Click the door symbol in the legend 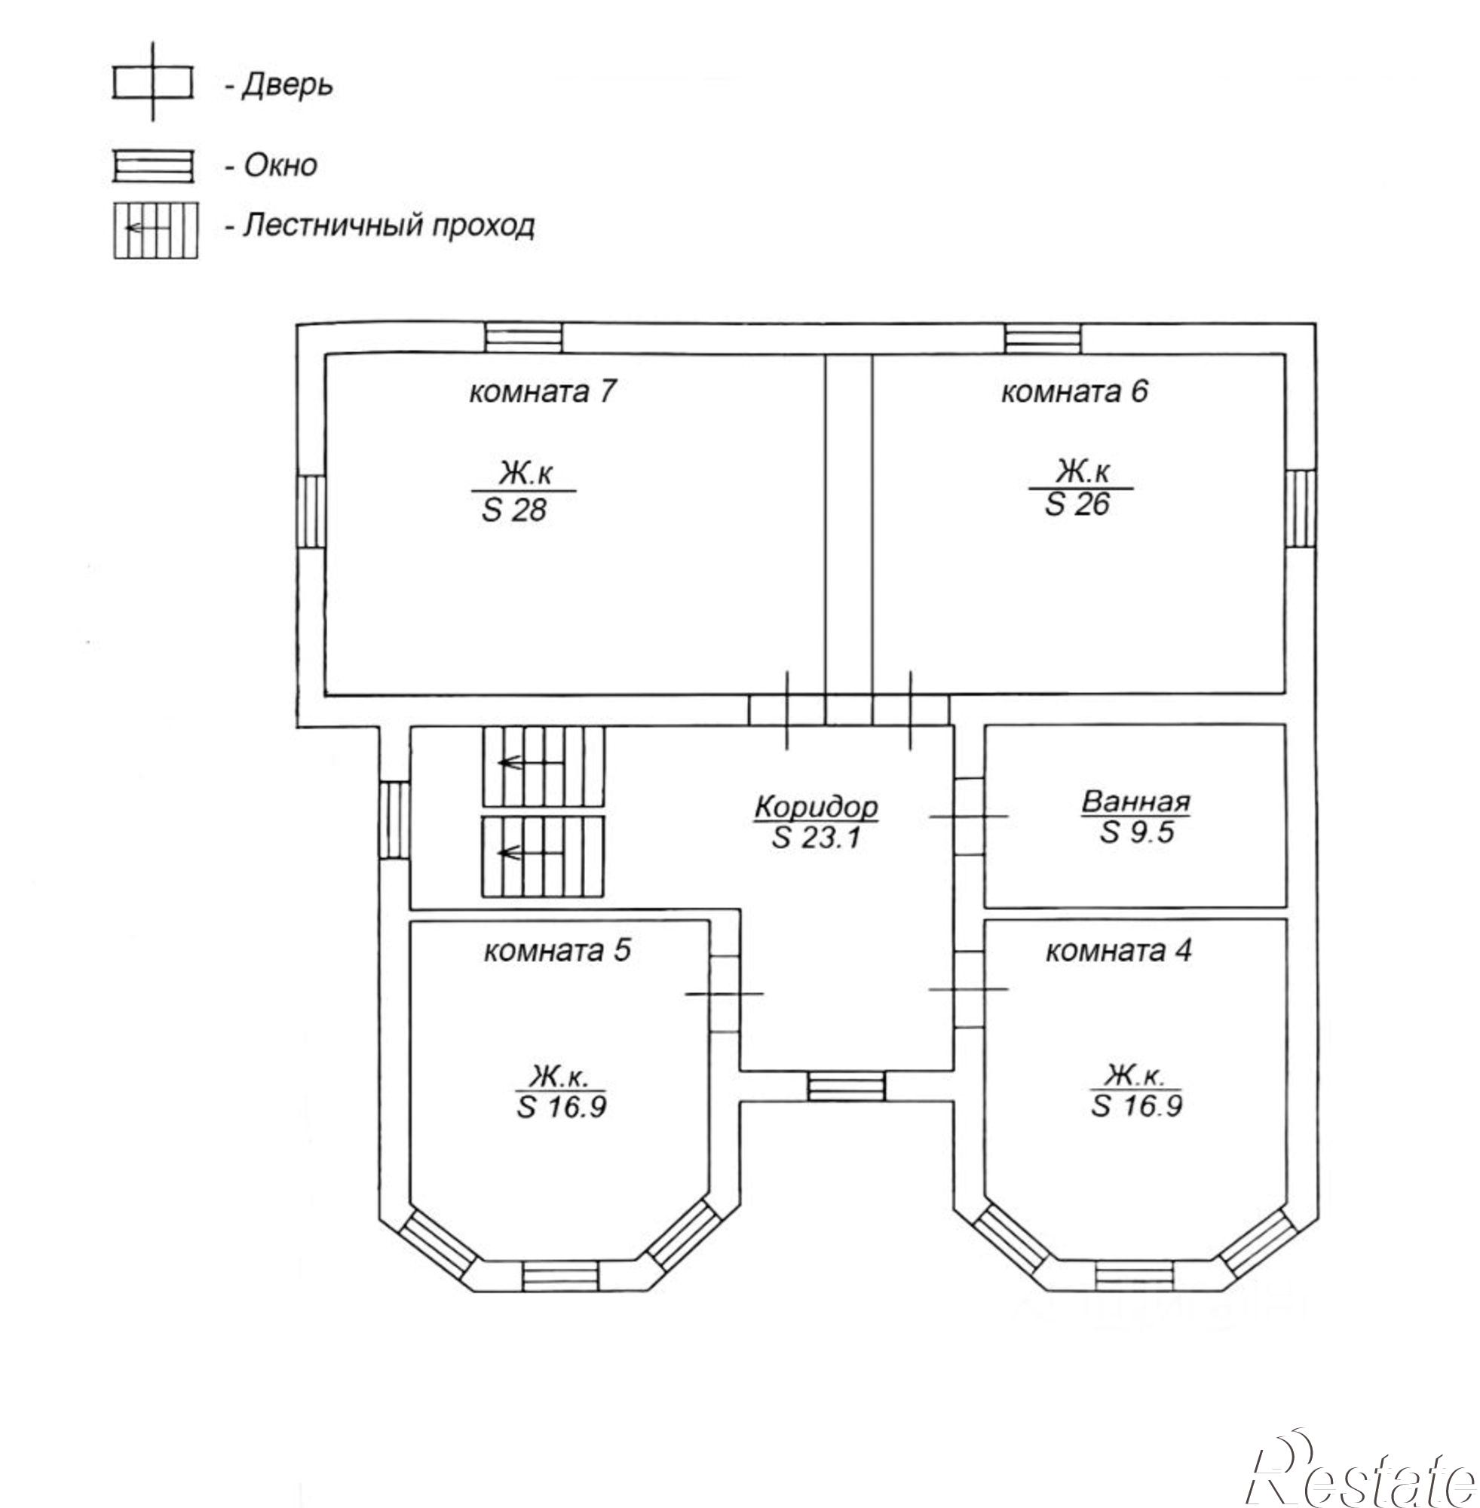[x=152, y=82]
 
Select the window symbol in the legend [x=152, y=167]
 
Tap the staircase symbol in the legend [x=155, y=229]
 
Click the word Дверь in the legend [x=287, y=84]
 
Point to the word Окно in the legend [x=280, y=165]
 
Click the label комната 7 [x=542, y=392]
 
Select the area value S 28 [x=515, y=510]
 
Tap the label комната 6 [x=1074, y=392]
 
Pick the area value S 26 [x=1077, y=504]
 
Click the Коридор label [x=817, y=806]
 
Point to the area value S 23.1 [x=817, y=838]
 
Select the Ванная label [x=1135, y=801]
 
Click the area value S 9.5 [x=1136, y=832]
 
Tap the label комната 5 [x=557, y=952]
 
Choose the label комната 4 [x=1118, y=952]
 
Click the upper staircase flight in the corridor [x=544, y=765]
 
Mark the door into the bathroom [x=970, y=816]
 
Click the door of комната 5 [x=725, y=994]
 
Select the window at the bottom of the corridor [x=846, y=1086]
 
